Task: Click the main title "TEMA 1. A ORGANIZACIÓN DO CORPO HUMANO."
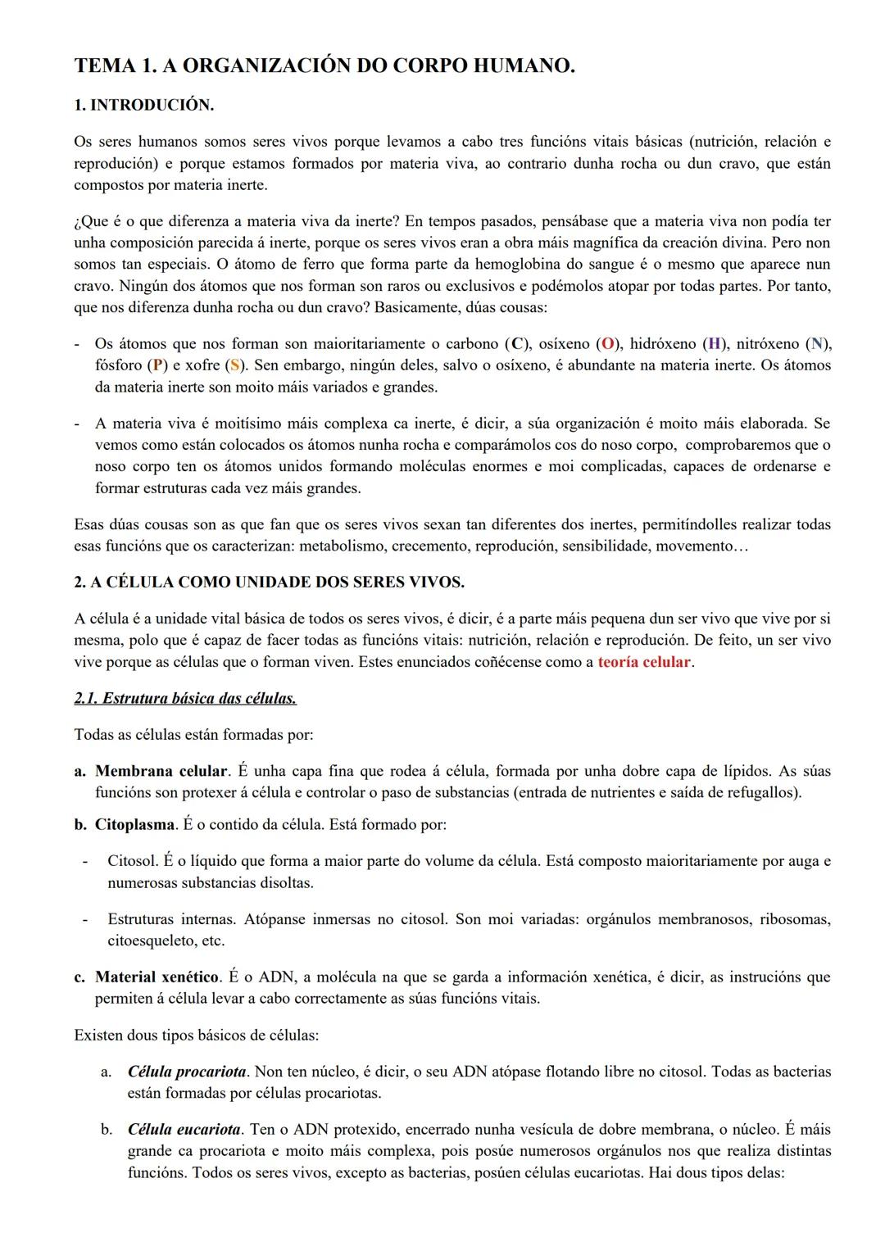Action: tap(324, 66)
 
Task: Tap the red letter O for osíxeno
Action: tap(608, 344)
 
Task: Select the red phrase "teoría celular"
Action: tap(644, 662)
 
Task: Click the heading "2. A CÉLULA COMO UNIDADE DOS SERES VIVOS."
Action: tap(269, 582)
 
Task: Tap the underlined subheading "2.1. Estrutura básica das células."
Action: tap(185, 699)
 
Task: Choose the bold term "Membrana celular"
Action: tap(161, 772)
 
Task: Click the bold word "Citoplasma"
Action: tap(134, 825)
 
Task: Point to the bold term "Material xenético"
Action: tap(157, 977)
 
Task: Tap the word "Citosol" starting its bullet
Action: tap(132, 861)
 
